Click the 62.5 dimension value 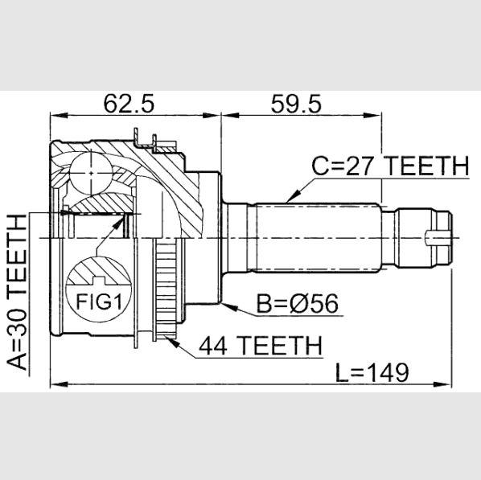[x=129, y=104]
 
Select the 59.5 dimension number [x=296, y=104]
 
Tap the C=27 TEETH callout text [x=390, y=166]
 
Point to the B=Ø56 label [x=298, y=303]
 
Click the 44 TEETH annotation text [x=261, y=346]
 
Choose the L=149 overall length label [x=372, y=372]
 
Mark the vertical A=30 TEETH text [x=17, y=293]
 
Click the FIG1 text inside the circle [x=99, y=302]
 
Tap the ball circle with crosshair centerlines [x=91, y=173]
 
